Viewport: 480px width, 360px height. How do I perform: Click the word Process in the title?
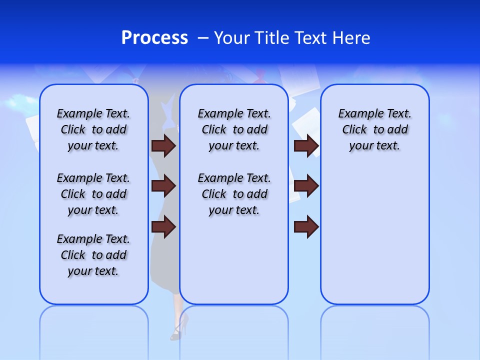(154, 38)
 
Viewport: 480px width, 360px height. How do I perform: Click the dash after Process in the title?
(203, 38)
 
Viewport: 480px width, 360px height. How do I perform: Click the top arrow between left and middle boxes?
(163, 146)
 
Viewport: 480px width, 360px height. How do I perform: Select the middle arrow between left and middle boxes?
(163, 186)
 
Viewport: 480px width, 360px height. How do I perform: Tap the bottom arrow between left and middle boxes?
(163, 226)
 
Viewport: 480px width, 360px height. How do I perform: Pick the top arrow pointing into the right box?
(306, 146)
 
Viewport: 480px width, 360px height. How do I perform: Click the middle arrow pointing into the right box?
(306, 186)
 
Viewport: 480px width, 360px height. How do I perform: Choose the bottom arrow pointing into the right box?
(306, 226)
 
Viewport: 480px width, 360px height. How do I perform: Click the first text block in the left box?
(93, 129)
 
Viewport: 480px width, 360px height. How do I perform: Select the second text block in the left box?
(93, 194)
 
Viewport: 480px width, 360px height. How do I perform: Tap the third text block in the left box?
(93, 255)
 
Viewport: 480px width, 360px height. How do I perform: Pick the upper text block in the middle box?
(234, 129)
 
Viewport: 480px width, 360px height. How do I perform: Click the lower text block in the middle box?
(234, 194)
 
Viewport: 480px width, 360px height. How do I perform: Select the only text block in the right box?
(374, 129)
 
